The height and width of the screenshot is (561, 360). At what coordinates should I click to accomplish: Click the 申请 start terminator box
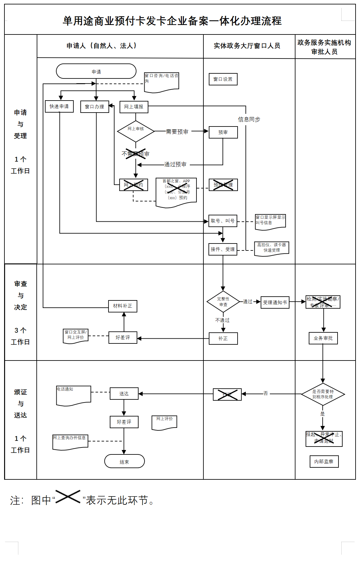point(96,71)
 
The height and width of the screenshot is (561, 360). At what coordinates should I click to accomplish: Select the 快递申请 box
point(59,107)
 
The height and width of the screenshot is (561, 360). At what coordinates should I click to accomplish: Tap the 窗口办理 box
point(95,107)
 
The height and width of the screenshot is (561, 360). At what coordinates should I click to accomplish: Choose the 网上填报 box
point(134,107)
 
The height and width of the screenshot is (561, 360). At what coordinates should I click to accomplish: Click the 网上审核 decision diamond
point(136,131)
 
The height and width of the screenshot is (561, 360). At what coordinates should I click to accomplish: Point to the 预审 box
point(223,132)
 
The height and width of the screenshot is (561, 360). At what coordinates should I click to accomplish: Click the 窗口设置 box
point(223,79)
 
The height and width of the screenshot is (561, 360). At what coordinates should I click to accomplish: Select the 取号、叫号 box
point(223,221)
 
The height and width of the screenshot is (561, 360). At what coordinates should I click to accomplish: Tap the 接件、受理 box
point(223,249)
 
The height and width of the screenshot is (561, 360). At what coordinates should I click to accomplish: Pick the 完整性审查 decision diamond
point(223,302)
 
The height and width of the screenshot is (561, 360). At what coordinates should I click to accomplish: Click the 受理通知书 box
point(275,302)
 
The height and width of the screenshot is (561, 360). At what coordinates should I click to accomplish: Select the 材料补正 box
point(123,306)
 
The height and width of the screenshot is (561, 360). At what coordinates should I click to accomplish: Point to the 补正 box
point(223,338)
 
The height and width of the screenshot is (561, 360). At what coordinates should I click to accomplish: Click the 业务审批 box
point(323,338)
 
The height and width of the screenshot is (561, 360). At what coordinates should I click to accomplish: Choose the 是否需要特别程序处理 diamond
point(323,394)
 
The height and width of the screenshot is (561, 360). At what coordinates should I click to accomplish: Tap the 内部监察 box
point(324,461)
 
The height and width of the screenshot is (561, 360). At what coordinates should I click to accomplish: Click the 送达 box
point(124,394)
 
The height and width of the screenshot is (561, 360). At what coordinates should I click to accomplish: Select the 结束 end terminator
point(124,461)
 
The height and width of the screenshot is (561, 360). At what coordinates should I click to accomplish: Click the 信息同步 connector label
point(249,120)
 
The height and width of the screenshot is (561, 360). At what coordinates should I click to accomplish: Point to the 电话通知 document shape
point(73,395)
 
